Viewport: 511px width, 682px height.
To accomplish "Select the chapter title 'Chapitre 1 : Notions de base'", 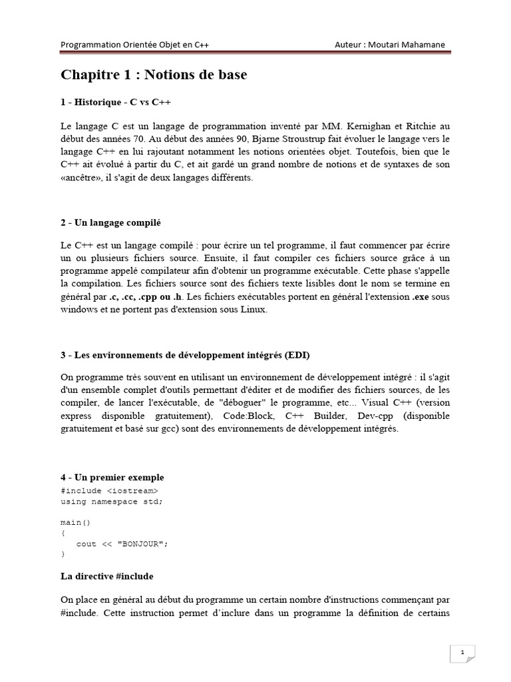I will tap(154, 75).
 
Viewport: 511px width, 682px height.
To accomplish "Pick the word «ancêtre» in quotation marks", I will tap(81, 178).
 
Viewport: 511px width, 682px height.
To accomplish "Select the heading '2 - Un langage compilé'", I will tap(111, 222).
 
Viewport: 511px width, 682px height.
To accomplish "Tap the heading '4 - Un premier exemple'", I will tap(112, 478).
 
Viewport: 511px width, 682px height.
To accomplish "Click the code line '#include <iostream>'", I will tap(109, 491).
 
